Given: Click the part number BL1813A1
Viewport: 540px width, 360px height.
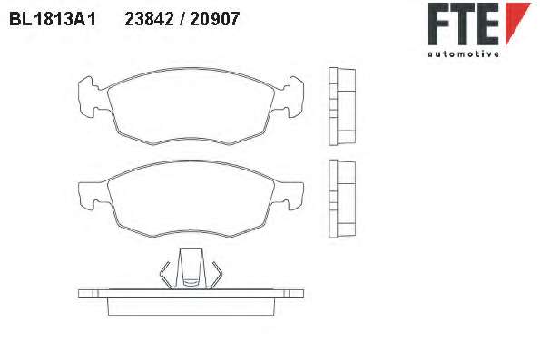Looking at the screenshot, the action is point(53,19).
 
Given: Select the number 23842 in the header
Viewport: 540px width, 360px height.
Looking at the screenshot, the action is point(150,19).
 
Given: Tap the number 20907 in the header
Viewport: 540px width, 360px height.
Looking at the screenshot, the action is point(214,19).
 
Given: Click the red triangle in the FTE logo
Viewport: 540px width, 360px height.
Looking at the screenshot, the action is point(517,24).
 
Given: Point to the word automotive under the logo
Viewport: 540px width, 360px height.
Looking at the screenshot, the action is point(463,54).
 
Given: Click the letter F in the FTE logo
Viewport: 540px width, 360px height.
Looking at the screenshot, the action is point(438,24).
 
